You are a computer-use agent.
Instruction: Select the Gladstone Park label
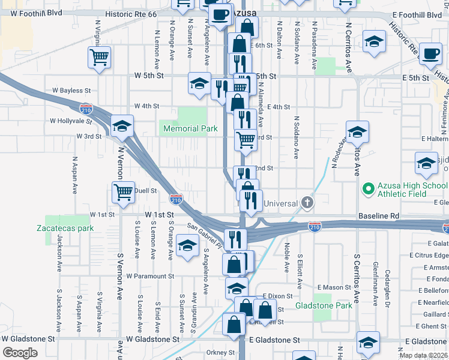click(x=324, y=305)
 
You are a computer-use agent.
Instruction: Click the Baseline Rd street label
click(x=378, y=215)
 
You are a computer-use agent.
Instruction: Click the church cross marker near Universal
click(x=308, y=202)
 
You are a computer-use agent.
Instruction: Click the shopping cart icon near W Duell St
click(x=122, y=193)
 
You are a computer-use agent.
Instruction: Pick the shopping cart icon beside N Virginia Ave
click(x=99, y=58)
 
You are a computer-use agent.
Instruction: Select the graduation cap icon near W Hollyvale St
click(x=122, y=126)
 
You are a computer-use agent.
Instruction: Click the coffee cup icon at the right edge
click(x=430, y=53)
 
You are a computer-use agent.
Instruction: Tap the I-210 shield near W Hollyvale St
click(x=86, y=109)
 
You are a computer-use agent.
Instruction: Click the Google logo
click(x=20, y=352)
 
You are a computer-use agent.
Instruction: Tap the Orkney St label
click(x=220, y=352)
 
